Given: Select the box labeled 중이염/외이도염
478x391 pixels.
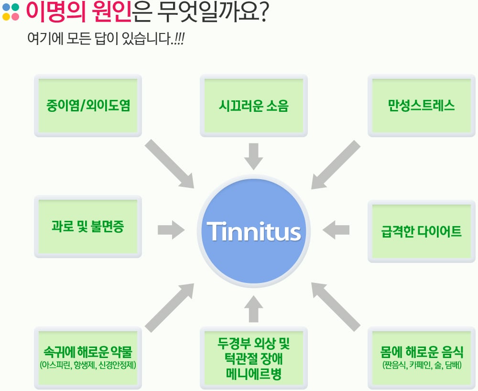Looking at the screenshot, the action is coord(88,106).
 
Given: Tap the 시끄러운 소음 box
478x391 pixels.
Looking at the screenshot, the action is coord(254,106).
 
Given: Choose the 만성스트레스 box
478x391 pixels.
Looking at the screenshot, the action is coord(422,106).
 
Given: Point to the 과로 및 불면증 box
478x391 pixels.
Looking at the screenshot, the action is coord(88,227).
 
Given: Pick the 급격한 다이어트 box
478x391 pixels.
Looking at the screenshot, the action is coord(422,231).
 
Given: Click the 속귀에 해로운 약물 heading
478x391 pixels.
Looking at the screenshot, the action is coord(88,352).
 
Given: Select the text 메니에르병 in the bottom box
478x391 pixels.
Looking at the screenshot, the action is coord(254,374).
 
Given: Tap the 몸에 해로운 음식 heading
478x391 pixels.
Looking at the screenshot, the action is coord(422,352).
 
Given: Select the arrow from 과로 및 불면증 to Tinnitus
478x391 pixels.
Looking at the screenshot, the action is coord(171,230).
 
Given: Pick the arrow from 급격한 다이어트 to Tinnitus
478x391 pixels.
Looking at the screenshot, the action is coord(336,230).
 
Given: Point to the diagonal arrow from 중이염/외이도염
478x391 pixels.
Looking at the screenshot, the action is coord(170,164).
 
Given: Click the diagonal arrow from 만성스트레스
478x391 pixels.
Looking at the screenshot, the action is coord(336,164).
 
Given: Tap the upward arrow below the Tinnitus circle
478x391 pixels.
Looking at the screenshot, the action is coord(254,309).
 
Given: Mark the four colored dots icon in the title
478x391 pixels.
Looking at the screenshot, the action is coord(11,12).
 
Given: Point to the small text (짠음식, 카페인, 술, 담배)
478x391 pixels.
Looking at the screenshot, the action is coord(422,365).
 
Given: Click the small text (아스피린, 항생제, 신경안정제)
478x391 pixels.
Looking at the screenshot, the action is coord(88,365).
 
